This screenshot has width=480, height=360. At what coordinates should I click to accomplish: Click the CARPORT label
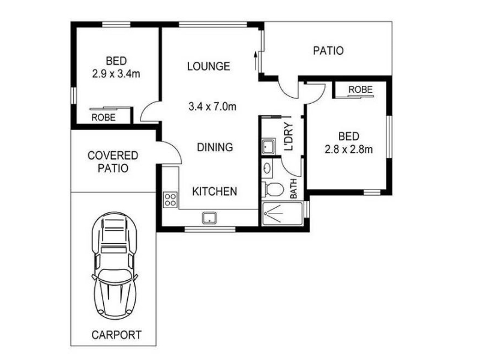click(x=116, y=335)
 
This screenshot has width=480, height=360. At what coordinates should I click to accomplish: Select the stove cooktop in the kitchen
click(x=170, y=199)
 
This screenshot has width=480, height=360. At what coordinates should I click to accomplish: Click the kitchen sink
click(x=209, y=218)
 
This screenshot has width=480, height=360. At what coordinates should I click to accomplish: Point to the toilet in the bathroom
click(x=273, y=189)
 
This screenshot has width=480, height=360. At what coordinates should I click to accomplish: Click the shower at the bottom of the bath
click(x=282, y=214)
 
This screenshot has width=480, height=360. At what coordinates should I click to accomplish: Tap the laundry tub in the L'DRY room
click(x=269, y=146)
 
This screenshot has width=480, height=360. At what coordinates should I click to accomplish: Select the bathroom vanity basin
click(x=267, y=168)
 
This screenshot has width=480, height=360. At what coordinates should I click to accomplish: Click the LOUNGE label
click(x=208, y=66)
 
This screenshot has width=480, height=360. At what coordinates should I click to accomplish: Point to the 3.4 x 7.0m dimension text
click(x=212, y=107)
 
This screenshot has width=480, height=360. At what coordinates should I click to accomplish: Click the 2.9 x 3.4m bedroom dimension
click(x=116, y=74)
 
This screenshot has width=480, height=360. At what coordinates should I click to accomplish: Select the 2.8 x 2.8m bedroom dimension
click(x=349, y=149)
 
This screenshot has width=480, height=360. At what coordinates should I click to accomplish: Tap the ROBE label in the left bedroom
click(x=103, y=117)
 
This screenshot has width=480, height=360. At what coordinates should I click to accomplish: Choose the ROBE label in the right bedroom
click(x=361, y=89)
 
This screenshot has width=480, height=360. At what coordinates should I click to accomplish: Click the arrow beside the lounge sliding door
click(x=256, y=61)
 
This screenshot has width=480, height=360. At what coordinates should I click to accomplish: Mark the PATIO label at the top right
click(x=328, y=50)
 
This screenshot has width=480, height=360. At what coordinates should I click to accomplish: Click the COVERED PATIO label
click(x=113, y=161)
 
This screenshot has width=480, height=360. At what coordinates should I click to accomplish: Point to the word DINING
click(x=215, y=147)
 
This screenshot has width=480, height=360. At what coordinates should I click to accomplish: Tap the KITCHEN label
click(x=215, y=191)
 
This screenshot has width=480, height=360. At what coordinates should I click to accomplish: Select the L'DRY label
click(x=289, y=137)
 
